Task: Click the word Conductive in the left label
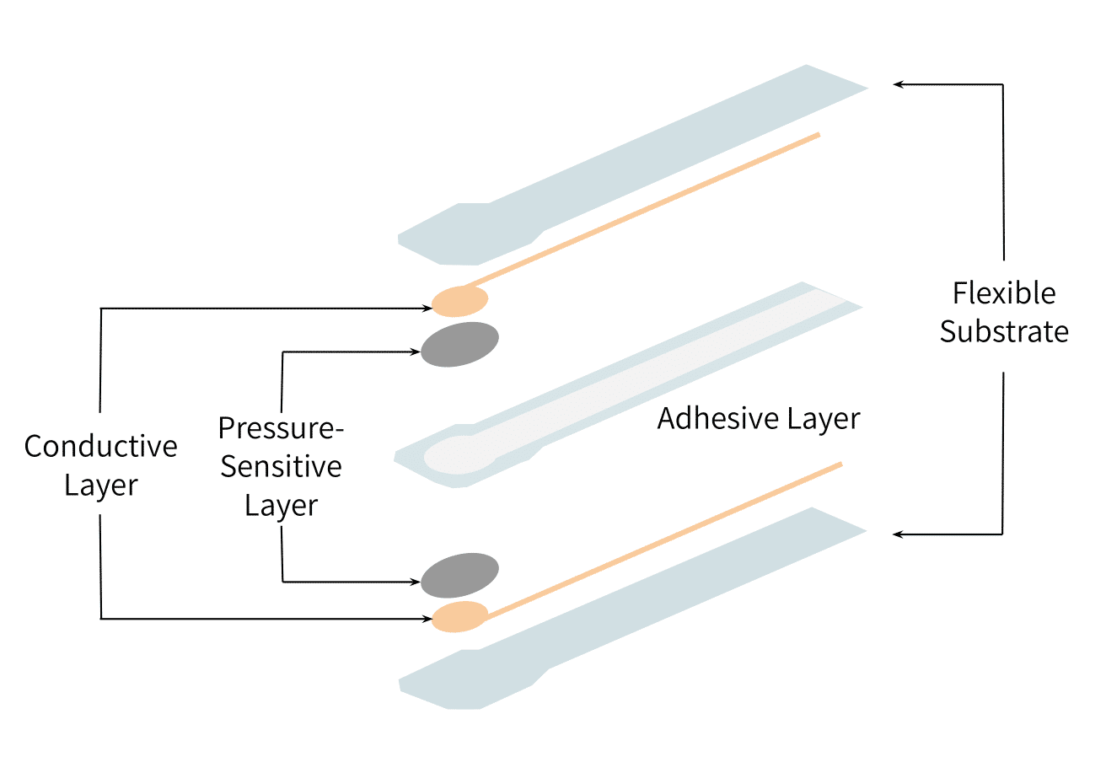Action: tap(100, 446)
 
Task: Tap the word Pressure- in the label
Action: tap(281, 427)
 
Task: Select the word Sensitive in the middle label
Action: tap(281, 466)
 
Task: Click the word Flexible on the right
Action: tap(1004, 293)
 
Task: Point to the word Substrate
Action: tap(1004, 330)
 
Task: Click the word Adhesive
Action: tap(718, 419)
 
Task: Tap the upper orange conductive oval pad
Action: tap(459, 301)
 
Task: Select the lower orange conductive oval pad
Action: tap(459, 616)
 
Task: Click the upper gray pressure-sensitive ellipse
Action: tap(459, 345)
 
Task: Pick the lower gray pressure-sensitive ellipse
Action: tap(459, 576)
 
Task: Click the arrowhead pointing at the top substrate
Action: tap(898, 84)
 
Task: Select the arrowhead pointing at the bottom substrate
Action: tap(898, 534)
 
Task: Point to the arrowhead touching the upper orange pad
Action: tap(427, 309)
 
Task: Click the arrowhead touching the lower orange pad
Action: tap(427, 619)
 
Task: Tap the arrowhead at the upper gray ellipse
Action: tap(416, 352)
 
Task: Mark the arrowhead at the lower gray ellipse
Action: tap(416, 582)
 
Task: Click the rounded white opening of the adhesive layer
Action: tap(459, 454)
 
